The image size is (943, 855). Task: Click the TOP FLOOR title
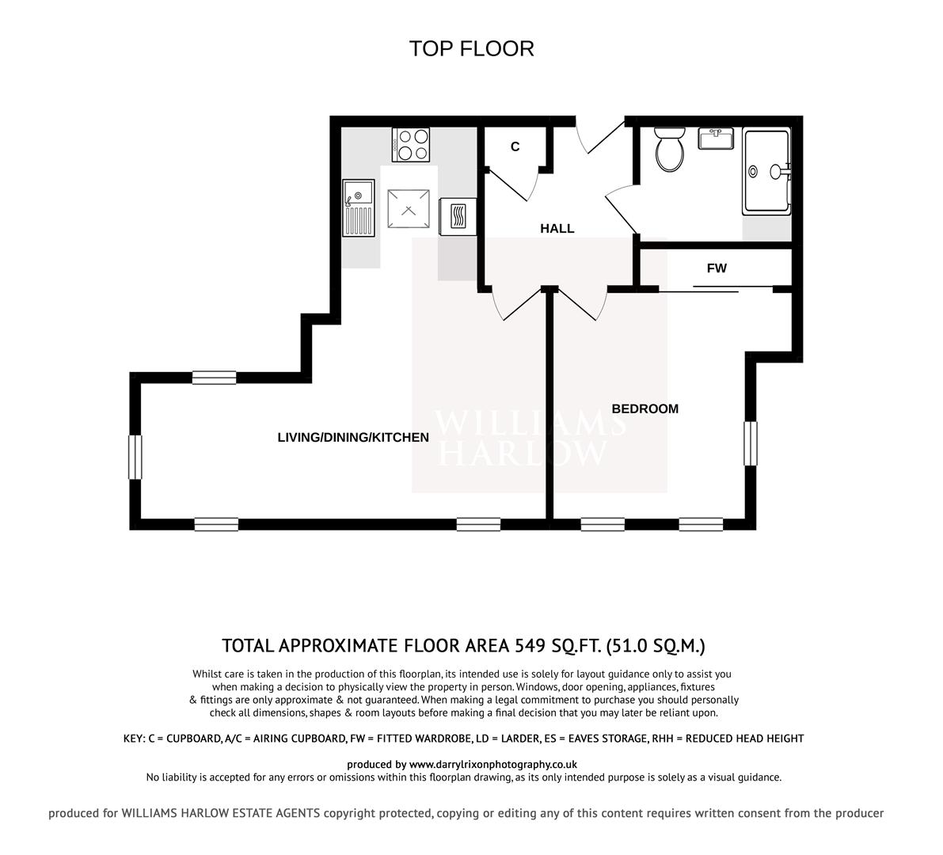pyautogui.click(x=471, y=48)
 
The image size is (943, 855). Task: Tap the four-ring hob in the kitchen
pyautogui.click(x=411, y=145)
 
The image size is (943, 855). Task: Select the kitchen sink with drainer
pyautogui.click(x=358, y=207)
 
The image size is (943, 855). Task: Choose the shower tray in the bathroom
pyautogui.click(x=766, y=171)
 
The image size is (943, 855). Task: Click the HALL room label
pyautogui.click(x=557, y=229)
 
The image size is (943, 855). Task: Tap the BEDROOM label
pyautogui.click(x=645, y=409)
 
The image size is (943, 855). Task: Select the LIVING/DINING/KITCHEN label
pyautogui.click(x=353, y=438)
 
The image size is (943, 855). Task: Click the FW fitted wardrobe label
pyautogui.click(x=717, y=268)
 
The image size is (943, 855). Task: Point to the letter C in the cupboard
pyautogui.click(x=515, y=146)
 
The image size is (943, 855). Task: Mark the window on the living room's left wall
pyautogui.click(x=135, y=457)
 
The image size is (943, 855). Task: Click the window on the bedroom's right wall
pyautogui.click(x=750, y=443)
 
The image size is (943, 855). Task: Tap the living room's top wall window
pyautogui.click(x=214, y=378)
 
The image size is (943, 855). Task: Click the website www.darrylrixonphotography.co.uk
pyautogui.click(x=492, y=765)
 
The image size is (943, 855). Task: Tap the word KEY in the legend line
pyautogui.click(x=133, y=739)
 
